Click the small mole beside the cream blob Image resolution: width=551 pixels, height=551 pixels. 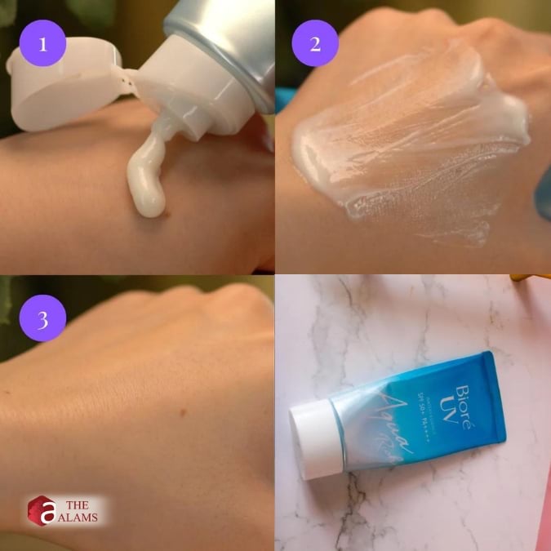coord(169,216)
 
